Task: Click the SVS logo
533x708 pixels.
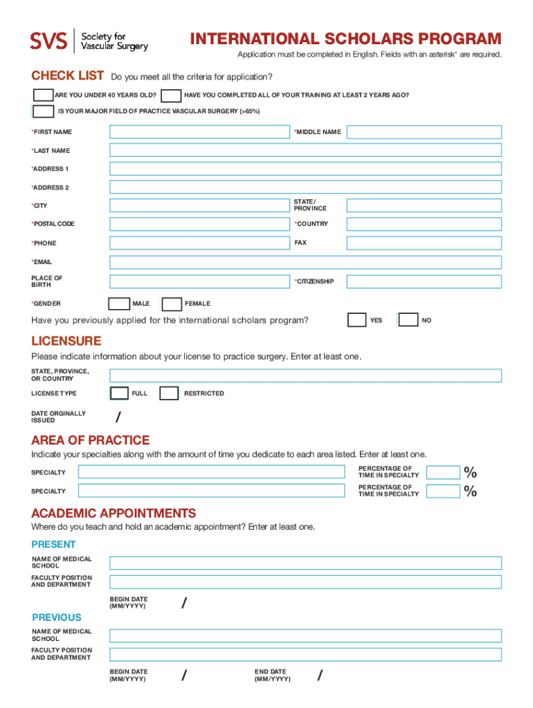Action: coord(48,41)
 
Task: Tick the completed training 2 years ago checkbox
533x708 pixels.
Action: coord(172,95)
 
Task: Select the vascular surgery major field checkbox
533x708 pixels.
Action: coord(43,111)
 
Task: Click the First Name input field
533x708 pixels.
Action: coord(199,132)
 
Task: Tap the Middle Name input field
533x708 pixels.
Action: coord(424,132)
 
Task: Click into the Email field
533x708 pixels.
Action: coord(305,262)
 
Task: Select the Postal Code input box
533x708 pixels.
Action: coord(199,224)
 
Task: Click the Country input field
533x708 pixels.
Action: coord(424,224)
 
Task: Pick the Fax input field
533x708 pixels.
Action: coord(424,243)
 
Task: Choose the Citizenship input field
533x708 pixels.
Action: coord(424,281)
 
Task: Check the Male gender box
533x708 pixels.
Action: coord(119,304)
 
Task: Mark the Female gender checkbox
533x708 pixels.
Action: coord(172,304)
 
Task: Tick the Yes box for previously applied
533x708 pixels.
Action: coord(357,320)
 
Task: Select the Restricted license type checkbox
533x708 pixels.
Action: coord(169,393)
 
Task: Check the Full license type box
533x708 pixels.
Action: coord(119,393)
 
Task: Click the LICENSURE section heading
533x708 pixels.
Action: coord(66,341)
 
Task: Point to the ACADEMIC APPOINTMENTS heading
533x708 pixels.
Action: coord(114,513)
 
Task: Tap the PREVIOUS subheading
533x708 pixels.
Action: coord(57,617)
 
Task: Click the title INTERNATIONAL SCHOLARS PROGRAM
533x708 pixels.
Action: coord(345,39)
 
